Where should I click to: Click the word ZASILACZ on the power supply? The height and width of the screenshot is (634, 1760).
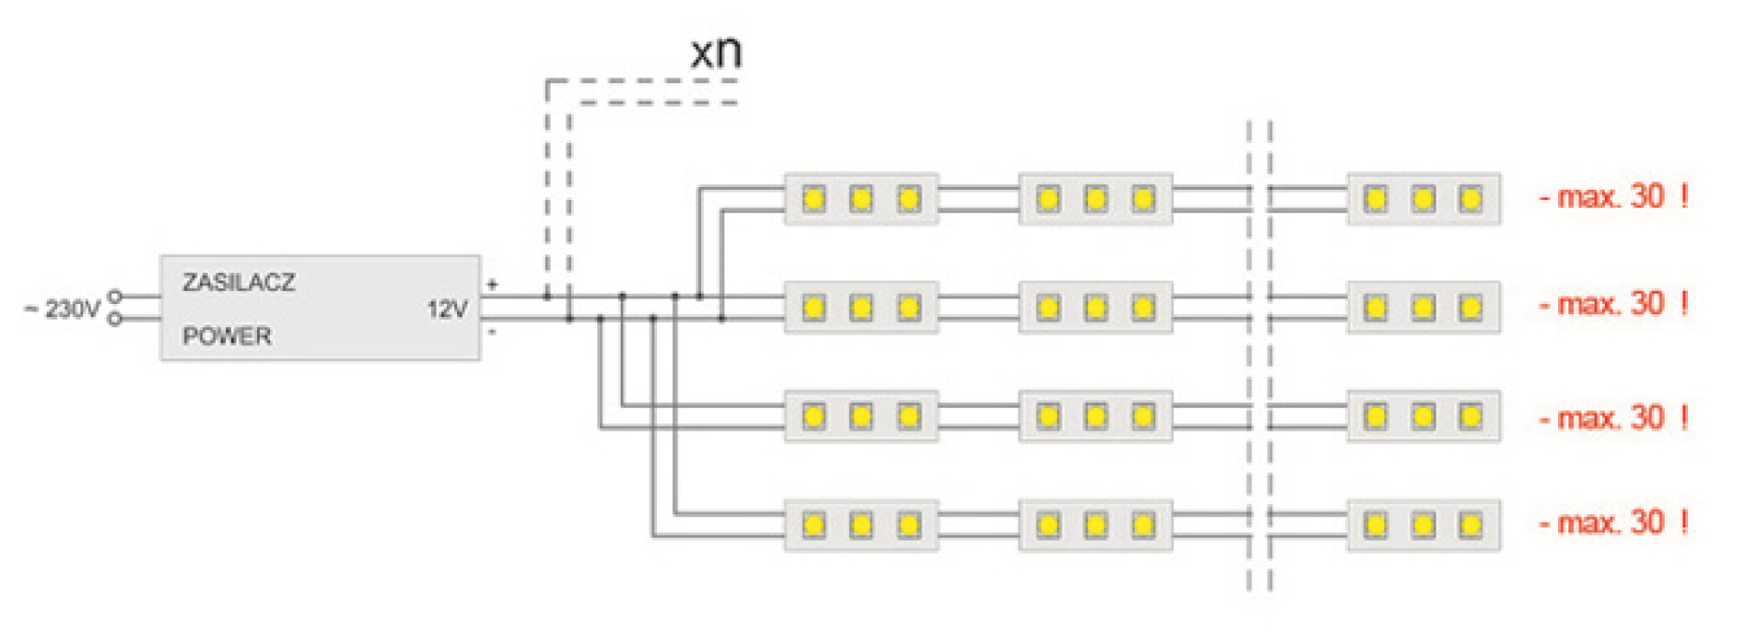point(238,282)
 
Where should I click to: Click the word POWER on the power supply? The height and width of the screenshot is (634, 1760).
point(226,336)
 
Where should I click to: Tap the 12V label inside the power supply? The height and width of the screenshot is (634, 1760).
point(447,310)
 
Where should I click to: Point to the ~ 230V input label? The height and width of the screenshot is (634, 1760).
point(63,309)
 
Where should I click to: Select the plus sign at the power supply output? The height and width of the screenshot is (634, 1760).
point(493,283)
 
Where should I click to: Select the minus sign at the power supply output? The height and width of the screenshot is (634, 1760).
point(493,331)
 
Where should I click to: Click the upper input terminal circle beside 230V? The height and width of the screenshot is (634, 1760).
point(115,296)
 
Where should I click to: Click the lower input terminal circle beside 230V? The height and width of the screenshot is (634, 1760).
point(115,320)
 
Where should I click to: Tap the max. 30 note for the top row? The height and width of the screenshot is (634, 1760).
point(1613,197)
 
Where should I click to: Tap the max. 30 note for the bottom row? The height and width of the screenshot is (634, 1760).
point(1613,523)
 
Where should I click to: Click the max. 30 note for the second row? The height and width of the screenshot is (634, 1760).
point(1613,305)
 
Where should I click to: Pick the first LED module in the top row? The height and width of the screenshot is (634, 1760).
point(861,199)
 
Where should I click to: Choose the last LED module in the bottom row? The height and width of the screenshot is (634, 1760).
point(1423,526)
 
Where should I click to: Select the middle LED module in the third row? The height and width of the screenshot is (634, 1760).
point(1095,417)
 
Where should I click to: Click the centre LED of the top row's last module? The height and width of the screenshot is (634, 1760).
point(1423,199)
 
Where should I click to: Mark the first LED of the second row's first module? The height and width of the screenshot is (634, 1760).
point(813,308)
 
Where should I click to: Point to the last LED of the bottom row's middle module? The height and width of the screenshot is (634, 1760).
point(1142,526)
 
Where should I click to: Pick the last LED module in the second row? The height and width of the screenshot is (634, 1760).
point(1423,308)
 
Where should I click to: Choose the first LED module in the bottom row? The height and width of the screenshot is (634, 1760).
point(861,526)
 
